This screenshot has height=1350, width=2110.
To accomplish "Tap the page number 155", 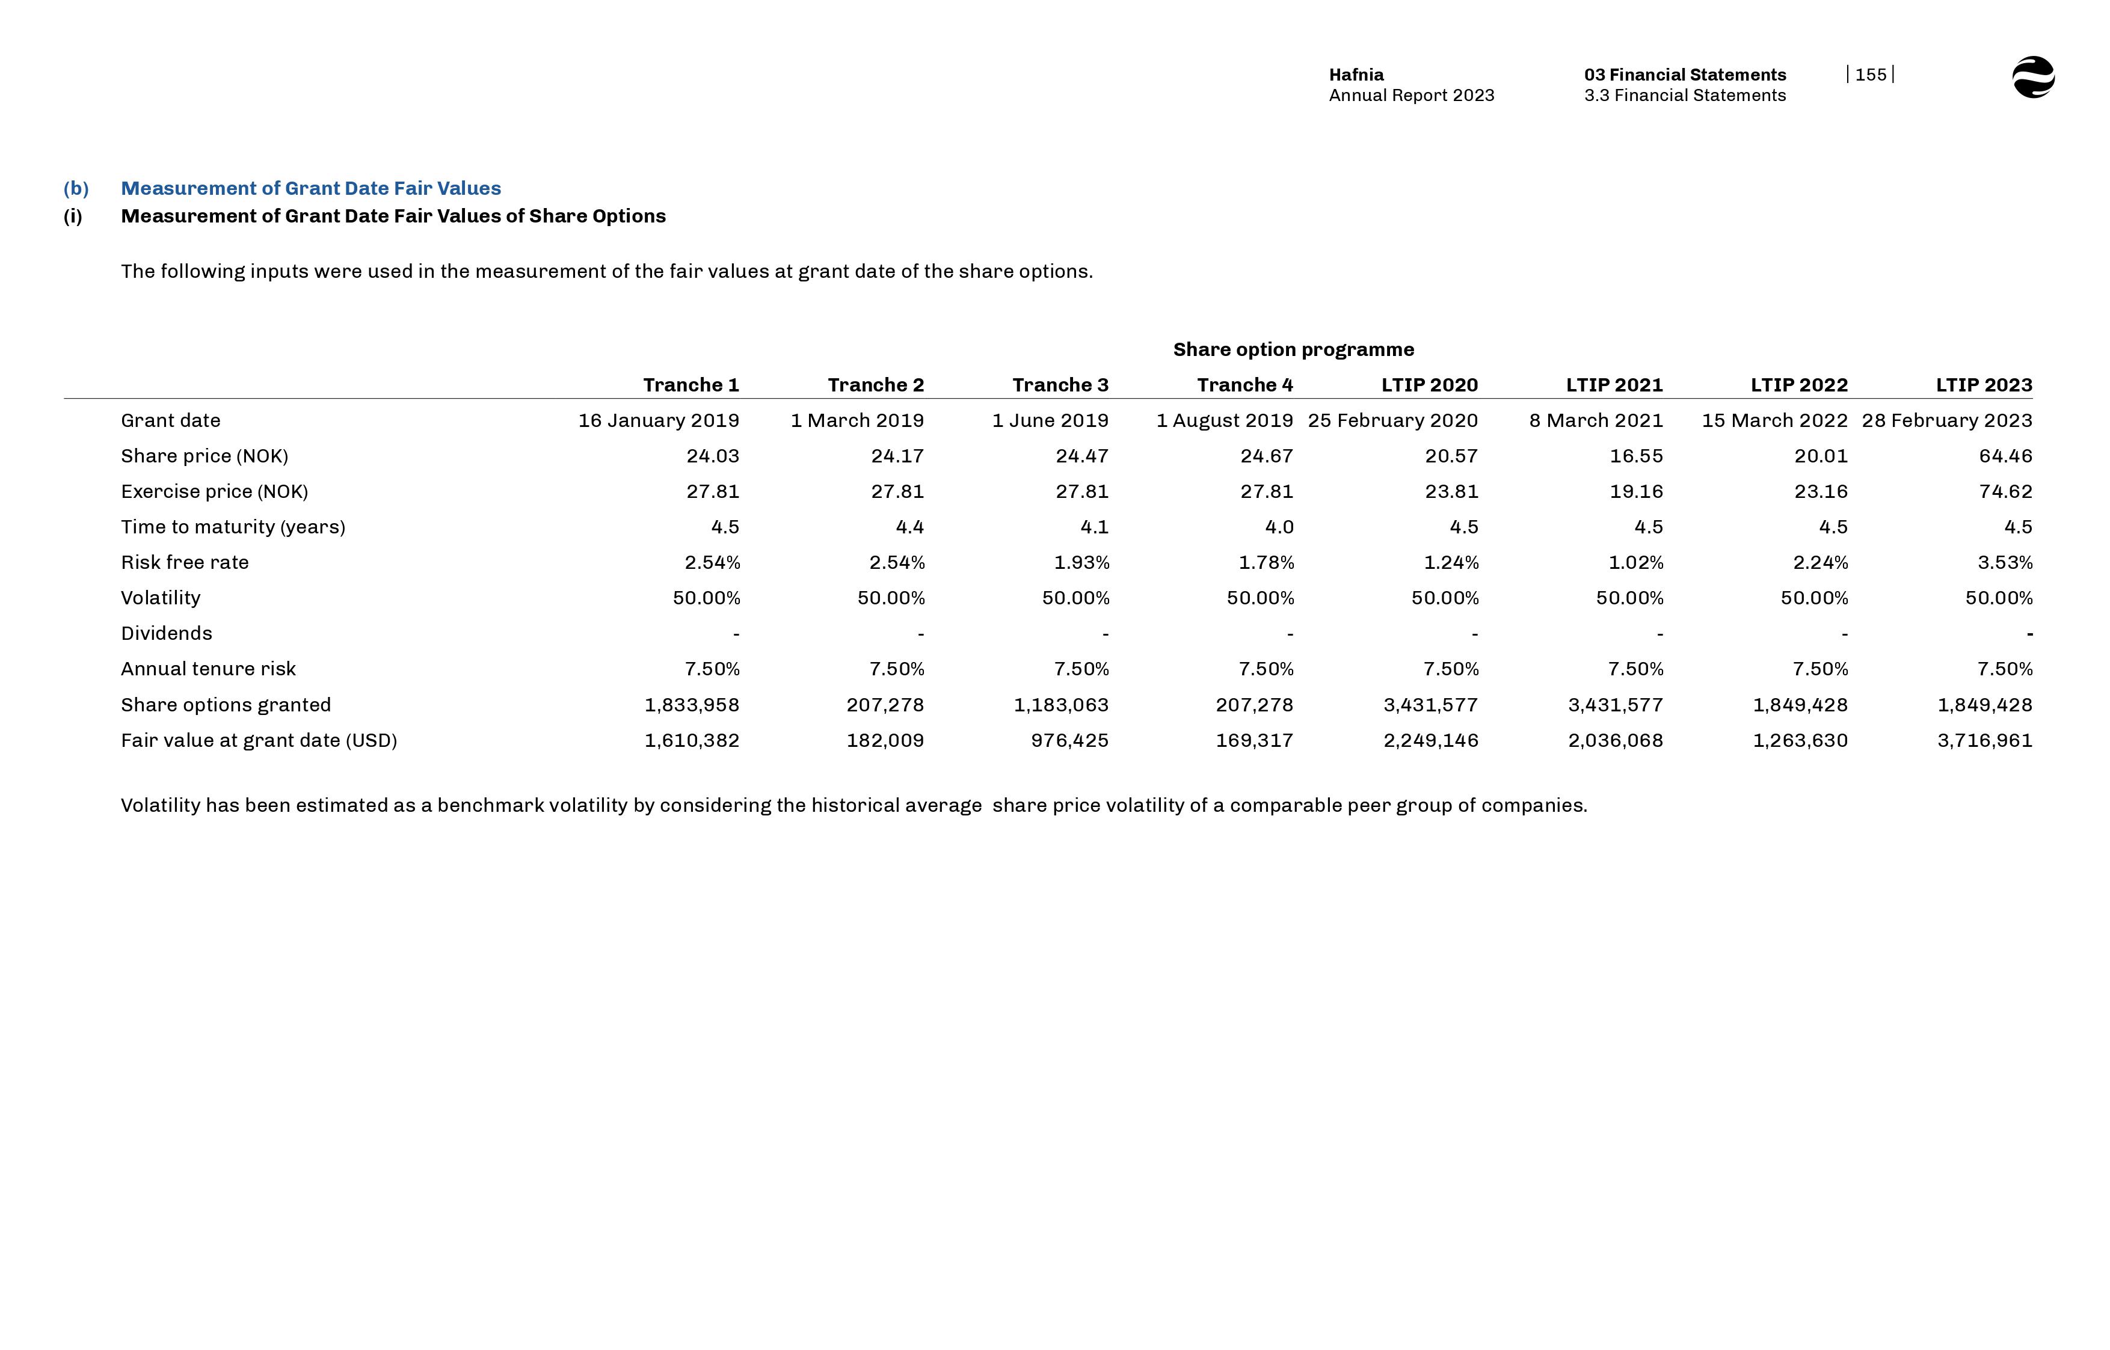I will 1870,75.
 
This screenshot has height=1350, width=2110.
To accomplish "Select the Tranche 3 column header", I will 1060,385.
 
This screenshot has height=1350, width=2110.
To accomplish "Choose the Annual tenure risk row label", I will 209,669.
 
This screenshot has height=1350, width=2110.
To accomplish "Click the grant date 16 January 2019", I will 659,421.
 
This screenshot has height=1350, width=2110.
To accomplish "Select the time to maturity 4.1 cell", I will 1094,527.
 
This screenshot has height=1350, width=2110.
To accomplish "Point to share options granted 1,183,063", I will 1060,705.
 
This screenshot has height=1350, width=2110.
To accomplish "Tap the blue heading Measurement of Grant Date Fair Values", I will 311,188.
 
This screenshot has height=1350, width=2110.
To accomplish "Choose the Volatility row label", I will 161,598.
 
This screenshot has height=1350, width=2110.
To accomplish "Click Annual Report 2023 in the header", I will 1411,96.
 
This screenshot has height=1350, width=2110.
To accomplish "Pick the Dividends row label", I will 167,634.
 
